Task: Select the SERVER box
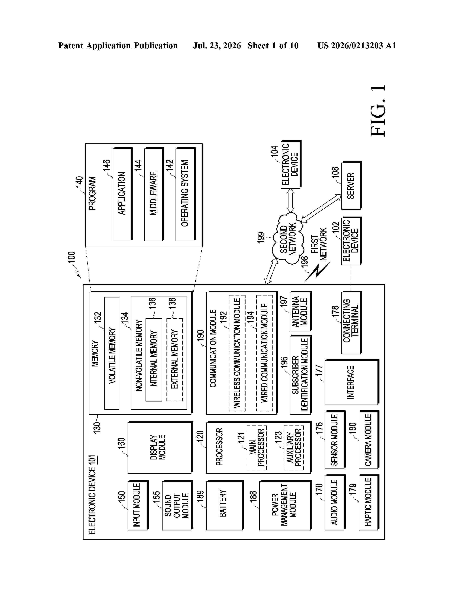(351, 185)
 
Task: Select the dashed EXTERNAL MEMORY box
(174, 360)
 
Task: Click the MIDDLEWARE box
(154, 195)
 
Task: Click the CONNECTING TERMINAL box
(351, 323)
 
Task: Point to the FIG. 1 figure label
(378, 111)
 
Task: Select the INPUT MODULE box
(138, 505)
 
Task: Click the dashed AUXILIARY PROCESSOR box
(294, 448)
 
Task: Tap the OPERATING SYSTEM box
(185, 195)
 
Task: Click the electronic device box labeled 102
(351, 241)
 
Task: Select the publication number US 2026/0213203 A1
(357, 46)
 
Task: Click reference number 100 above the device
(71, 257)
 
